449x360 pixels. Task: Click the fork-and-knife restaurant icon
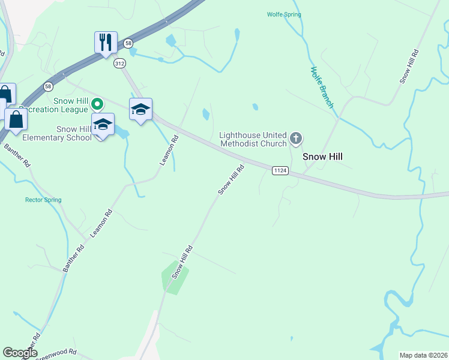(106, 43)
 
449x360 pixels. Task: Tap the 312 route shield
(120, 63)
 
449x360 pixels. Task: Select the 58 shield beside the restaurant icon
(128, 43)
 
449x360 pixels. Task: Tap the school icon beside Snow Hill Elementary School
(103, 125)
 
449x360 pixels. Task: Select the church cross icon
(295, 139)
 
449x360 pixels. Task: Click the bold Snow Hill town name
(326, 156)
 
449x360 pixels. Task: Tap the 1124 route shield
(280, 171)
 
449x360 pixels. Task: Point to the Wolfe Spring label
(284, 14)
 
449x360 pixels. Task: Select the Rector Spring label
(43, 200)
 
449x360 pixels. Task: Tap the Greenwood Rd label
(58, 355)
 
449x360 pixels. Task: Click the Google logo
(20, 353)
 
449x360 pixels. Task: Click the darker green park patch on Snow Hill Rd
(174, 278)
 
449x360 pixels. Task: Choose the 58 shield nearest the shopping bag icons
(48, 86)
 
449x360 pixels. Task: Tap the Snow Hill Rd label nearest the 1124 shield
(232, 179)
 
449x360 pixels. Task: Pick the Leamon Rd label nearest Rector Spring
(101, 224)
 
